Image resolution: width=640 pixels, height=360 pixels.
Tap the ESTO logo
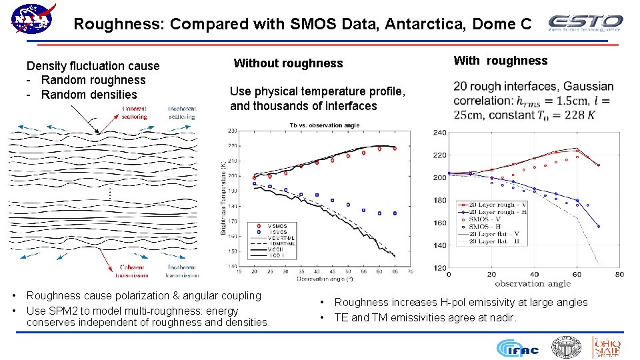585,23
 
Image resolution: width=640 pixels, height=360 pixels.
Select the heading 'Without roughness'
288,63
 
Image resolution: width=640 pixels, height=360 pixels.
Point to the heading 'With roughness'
500,61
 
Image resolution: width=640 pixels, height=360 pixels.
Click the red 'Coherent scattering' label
134,113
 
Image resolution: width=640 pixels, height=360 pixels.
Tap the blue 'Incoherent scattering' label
181,113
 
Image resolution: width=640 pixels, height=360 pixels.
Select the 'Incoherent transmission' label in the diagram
181,271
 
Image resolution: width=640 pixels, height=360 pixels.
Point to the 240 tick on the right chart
439,133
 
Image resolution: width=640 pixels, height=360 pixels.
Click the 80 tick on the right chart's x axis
619,274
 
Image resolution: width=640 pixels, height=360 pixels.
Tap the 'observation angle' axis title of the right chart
533,283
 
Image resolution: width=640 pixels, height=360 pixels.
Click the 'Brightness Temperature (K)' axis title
224,200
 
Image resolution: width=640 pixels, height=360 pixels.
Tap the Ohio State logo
607,347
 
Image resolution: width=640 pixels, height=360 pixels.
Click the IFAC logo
517,348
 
